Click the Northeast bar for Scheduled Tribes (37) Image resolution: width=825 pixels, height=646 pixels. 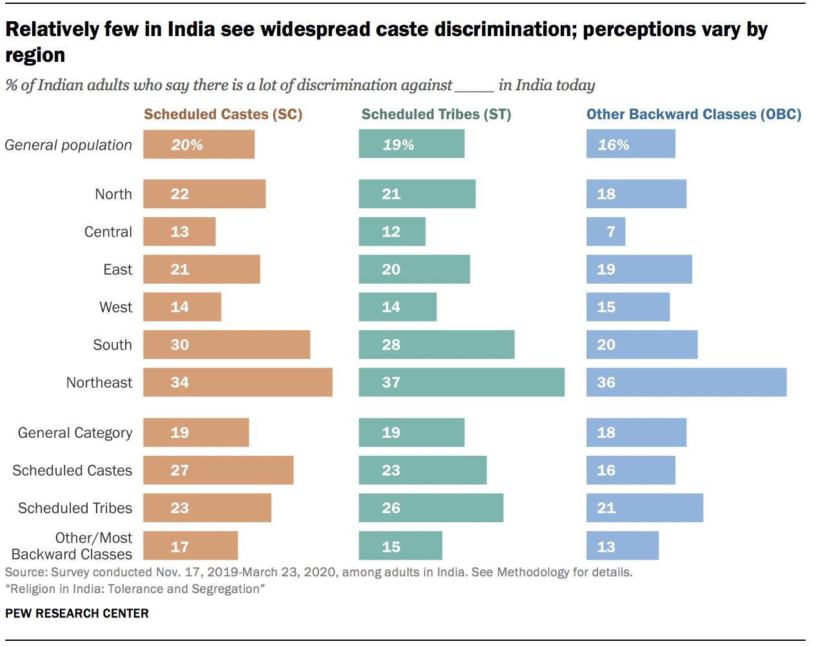tap(461, 382)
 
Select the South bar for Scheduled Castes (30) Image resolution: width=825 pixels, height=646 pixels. tap(226, 345)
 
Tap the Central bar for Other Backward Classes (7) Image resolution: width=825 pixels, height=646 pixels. tap(606, 232)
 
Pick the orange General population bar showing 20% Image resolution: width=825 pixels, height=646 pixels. tap(199, 144)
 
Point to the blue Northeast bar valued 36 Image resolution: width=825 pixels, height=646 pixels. tap(686, 382)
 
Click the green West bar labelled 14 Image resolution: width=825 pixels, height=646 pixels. tap(398, 307)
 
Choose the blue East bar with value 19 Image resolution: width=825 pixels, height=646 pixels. tap(639, 269)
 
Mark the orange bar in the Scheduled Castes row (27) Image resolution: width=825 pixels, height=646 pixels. tap(218, 471)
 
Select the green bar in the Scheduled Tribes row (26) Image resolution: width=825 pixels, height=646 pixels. tap(431, 508)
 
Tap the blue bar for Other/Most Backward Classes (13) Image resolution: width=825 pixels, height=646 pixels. tap(623, 546)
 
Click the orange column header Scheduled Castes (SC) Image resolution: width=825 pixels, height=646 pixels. tap(223, 115)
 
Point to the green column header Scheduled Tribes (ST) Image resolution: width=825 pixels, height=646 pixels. tap(436, 115)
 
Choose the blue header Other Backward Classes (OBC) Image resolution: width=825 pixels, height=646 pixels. tap(694, 115)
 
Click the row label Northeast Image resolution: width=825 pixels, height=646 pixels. tap(99, 383)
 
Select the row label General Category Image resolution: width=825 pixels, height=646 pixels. tap(75, 433)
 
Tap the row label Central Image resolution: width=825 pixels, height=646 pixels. tap(108, 232)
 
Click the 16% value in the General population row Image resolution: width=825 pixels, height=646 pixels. tap(613, 145)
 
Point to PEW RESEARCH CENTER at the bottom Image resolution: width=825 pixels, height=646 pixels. tap(77, 613)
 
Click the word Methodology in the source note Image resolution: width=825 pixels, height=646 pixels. tap(533, 573)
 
